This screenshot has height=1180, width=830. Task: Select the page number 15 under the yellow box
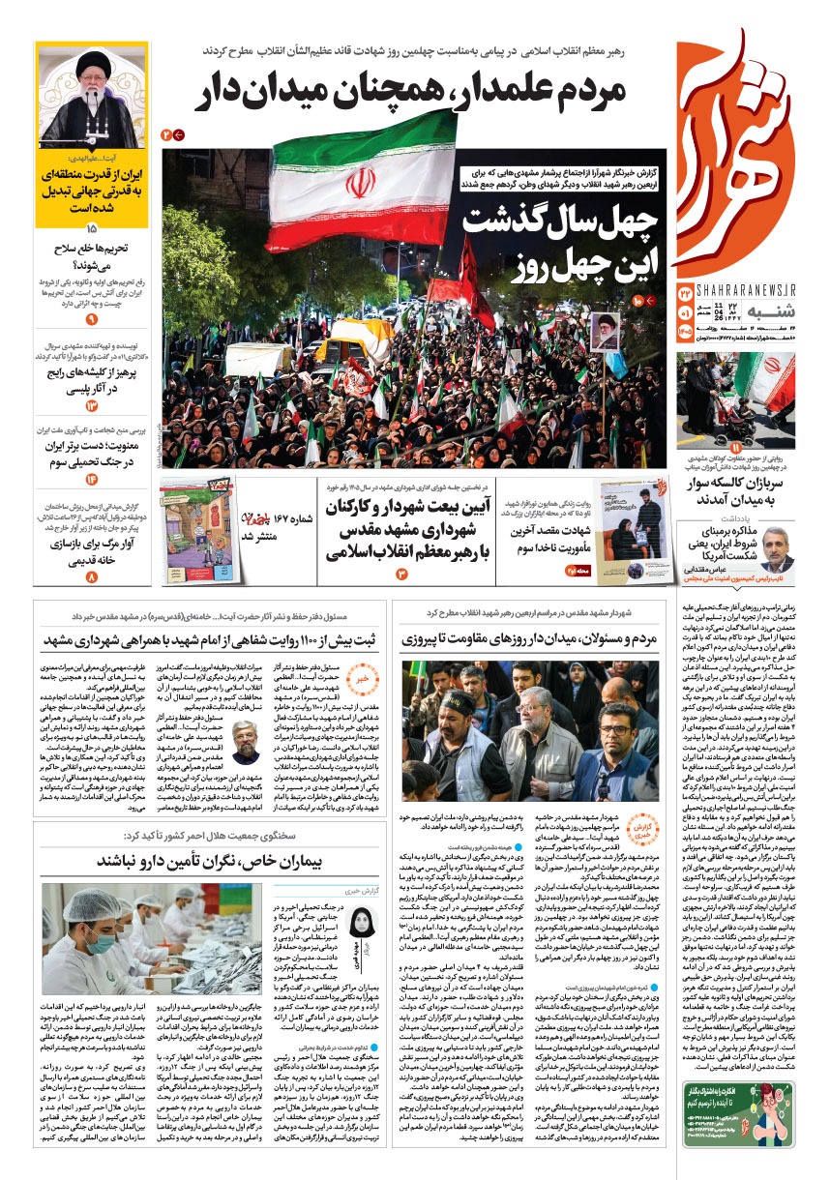coord(92,229)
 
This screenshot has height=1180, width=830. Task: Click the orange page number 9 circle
coord(92,318)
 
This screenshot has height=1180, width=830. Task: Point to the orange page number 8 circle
coord(92,577)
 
